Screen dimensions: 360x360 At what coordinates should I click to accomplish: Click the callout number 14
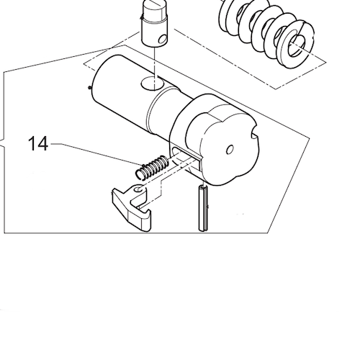click(38, 144)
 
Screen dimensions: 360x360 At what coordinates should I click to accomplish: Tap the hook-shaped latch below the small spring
click(135, 208)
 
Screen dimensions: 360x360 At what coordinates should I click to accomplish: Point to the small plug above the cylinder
click(155, 22)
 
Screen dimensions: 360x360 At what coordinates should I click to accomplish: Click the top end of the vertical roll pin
click(202, 187)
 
